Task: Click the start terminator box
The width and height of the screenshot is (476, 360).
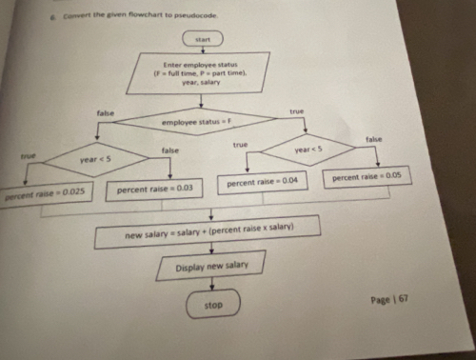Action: (202, 39)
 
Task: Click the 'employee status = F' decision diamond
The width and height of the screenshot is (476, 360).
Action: (203, 123)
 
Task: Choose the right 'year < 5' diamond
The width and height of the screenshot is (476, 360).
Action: (308, 150)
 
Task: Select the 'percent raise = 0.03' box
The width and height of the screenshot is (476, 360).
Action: (154, 189)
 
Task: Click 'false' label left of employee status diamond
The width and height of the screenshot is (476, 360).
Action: (105, 113)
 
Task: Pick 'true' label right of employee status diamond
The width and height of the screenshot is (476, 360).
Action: (296, 111)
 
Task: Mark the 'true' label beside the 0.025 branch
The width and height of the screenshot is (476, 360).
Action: (29, 154)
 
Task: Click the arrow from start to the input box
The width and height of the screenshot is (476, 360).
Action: (202, 51)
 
